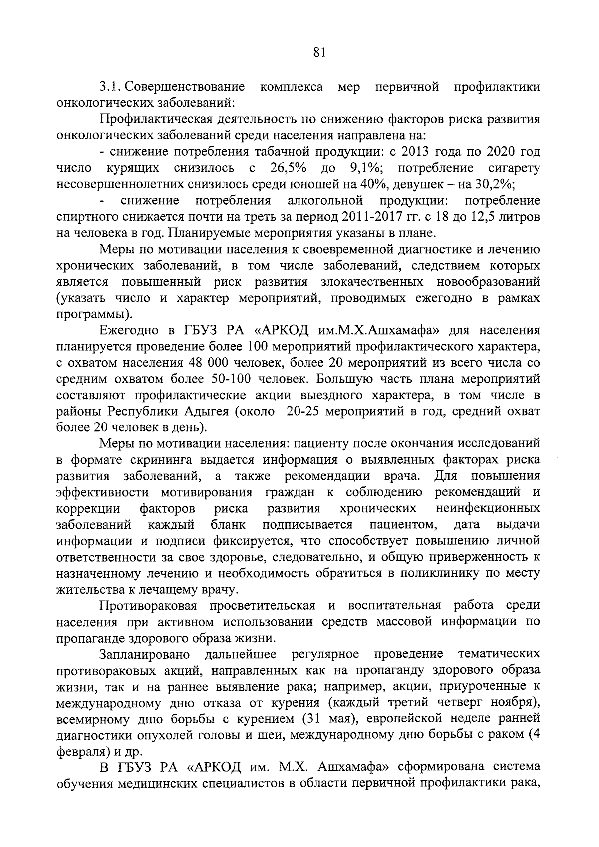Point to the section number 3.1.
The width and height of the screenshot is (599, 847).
(109, 87)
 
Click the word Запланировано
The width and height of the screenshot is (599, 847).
(145, 655)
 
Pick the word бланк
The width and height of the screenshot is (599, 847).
(228, 525)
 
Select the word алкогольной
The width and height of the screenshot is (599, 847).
(325, 201)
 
